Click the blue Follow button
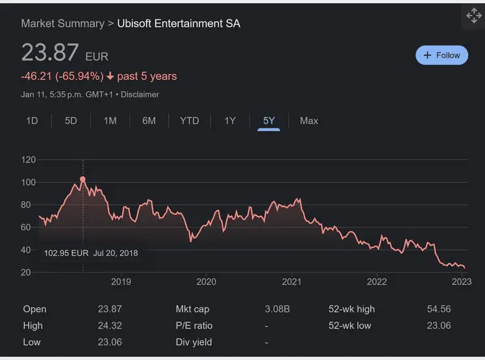coord(441,55)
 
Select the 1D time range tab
coord(32,121)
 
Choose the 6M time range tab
coord(149,121)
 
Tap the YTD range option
coord(190,121)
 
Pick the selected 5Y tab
coord(269,121)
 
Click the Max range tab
coord(309,121)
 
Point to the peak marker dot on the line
coord(82,179)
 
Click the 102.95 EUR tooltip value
coord(66,253)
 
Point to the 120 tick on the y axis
coord(28,160)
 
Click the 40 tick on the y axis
coord(28,250)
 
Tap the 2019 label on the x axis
coord(121,281)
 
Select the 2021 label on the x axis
coord(292,281)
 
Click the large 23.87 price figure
coord(50,53)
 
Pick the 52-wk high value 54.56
coord(439,309)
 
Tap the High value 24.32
coord(110,326)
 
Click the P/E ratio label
coord(194,326)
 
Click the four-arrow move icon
coord(473,17)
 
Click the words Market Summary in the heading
coord(62,23)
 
